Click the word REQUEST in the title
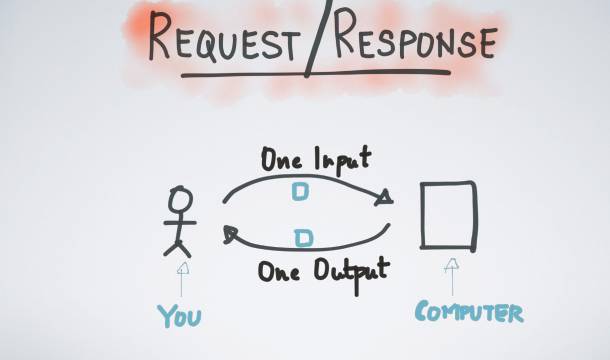pyautogui.click(x=224, y=37)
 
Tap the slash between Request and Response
pyautogui.click(x=318, y=38)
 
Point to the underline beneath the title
pyautogui.click(x=316, y=74)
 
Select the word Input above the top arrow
pyautogui.click(x=343, y=160)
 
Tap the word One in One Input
pyautogui.click(x=281, y=160)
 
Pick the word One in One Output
pyautogui.click(x=279, y=271)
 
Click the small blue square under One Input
pyautogui.click(x=300, y=192)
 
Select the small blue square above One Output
pyautogui.click(x=303, y=238)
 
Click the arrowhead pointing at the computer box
pyautogui.click(x=384, y=197)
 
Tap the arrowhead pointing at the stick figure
pyautogui.click(x=230, y=234)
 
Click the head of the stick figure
pyautogui.click(x=180, y=199)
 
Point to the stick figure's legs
pyautogui.click(x=177, y=248)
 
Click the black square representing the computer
pyautogui.click(x=422, y=215)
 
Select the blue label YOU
pyautogui.click(x=179, y=316)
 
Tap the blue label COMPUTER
pyautogui.click(x=469, y=311)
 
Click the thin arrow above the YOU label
pyautogui.click(x=182, y=279)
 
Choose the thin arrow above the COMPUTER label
pyautogui.click(x=452, y=276)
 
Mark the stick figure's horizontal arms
pyautogui.click(x=180, y=223)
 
